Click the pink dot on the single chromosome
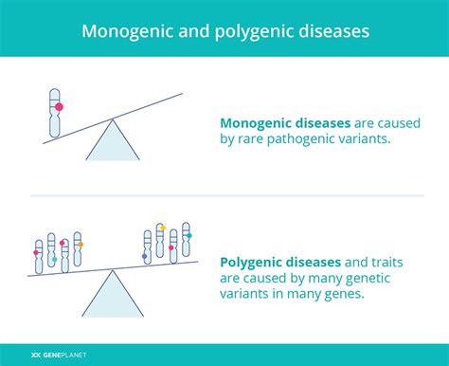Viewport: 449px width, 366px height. coord(59,107)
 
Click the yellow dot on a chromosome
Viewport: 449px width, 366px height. coord(161,228)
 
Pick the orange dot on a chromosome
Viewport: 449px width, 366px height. coord(81,245)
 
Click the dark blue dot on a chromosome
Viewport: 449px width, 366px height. coord(145,256)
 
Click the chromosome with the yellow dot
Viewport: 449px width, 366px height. coord(161,242)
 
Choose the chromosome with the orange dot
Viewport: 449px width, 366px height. coord(79,249)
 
